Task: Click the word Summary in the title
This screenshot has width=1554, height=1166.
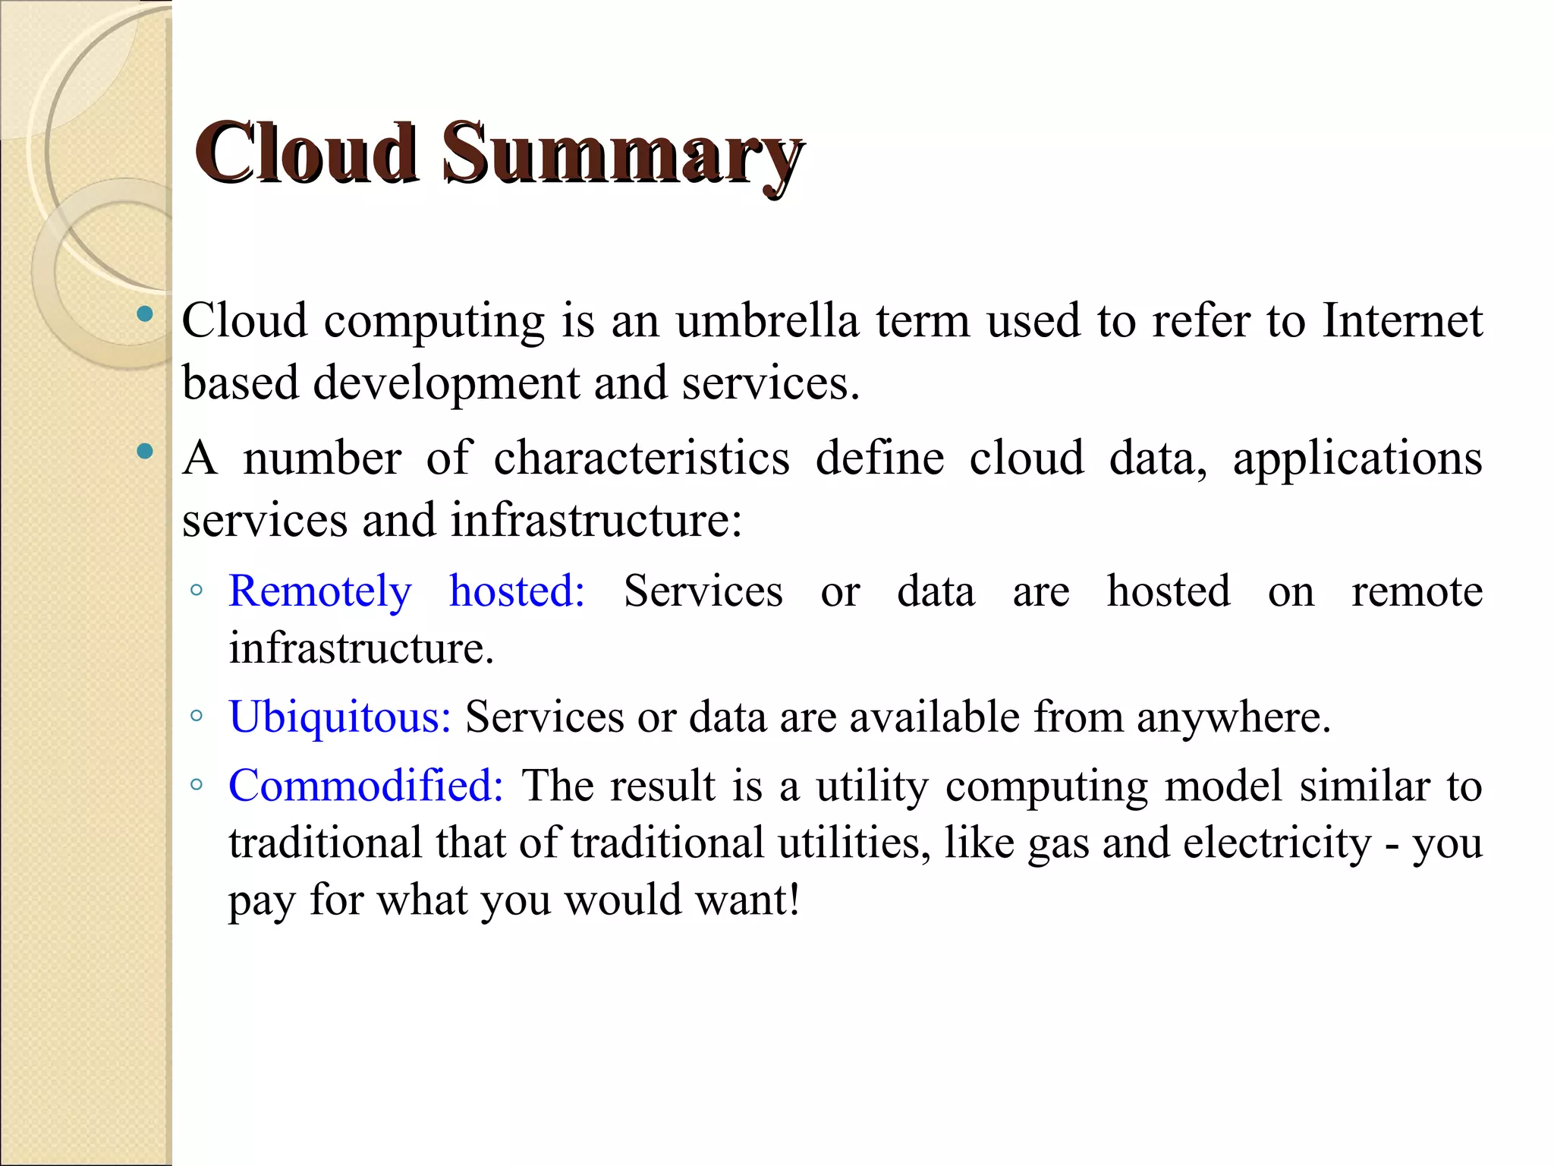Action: tap(622, 156)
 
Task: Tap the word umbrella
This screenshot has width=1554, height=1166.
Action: tap(767, 320)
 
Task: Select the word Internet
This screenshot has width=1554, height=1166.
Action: tap(1402, 320)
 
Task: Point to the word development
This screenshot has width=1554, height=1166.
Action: tap(446, 384)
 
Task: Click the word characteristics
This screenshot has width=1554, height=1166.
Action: tap(642, 459)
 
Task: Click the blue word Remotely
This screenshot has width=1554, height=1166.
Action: tap(320, 592)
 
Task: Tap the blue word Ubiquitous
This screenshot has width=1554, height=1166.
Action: tap(340, 717)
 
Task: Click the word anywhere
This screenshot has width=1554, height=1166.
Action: tap(1233, 717)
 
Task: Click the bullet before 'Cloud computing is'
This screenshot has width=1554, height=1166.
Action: tap(144, 314)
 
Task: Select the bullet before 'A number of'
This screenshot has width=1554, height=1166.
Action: tap(144, 452)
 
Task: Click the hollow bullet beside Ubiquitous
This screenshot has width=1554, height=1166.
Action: tap(197, 715)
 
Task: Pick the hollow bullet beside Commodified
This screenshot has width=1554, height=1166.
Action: tap(197, 784)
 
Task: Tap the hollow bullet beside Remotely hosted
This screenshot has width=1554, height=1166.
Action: tap(197, 590)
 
